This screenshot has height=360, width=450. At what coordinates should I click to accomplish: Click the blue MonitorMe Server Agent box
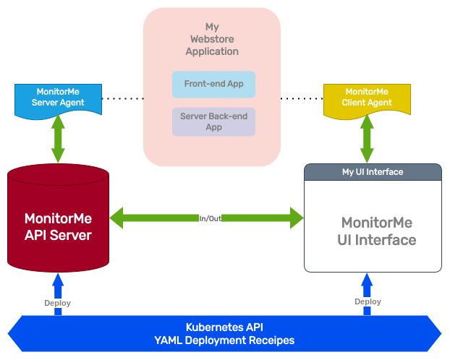pyautogui.click(x=58, y=98)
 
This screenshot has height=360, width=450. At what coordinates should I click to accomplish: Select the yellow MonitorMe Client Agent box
pyautogui.click(x=367, y=98)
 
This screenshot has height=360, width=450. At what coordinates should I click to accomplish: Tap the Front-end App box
pyautogui.click(x=213, y=84)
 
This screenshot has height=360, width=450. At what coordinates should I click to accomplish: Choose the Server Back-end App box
pyautogui.click(x=213, y=121)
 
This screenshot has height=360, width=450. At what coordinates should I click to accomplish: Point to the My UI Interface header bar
pyautogui.click(x=373, y=172)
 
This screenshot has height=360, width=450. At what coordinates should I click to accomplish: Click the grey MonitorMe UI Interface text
pyautogui.click(x=378, y=231)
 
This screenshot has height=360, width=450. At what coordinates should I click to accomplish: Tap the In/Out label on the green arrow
pyautogui.click(x=210, y=218)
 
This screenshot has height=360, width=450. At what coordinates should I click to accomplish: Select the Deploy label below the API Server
pyautogui.click(x=58, y=303)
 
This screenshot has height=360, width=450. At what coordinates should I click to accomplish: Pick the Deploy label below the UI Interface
pyautogui.click(x=368, y=301)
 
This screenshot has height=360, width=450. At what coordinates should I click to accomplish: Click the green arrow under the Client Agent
pyautogui.click(x=367, y=140)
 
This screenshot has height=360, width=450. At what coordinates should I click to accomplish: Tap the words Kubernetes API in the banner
pyautogui.click(x=224, y=327)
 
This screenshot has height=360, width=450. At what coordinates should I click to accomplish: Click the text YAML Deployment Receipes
pyautogui.click(x=224, y=340)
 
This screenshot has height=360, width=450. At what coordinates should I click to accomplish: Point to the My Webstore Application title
pyautogui.click(x=212, y=40)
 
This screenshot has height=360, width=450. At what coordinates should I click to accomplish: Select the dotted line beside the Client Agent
pyautogui.click(x=301, y=98)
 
